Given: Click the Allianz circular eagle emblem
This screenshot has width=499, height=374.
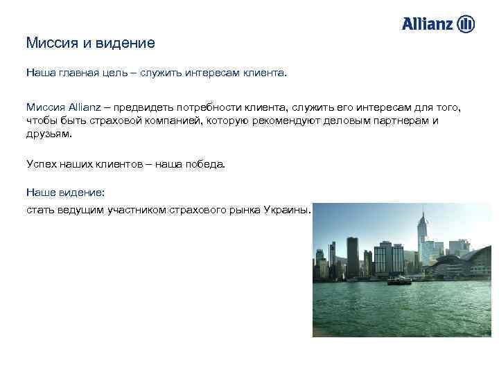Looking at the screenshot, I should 466,24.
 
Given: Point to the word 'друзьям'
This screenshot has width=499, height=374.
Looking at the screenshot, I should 49,133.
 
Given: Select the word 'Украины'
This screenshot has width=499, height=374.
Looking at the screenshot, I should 288,209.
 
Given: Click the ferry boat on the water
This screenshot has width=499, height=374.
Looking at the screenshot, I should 399,280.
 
